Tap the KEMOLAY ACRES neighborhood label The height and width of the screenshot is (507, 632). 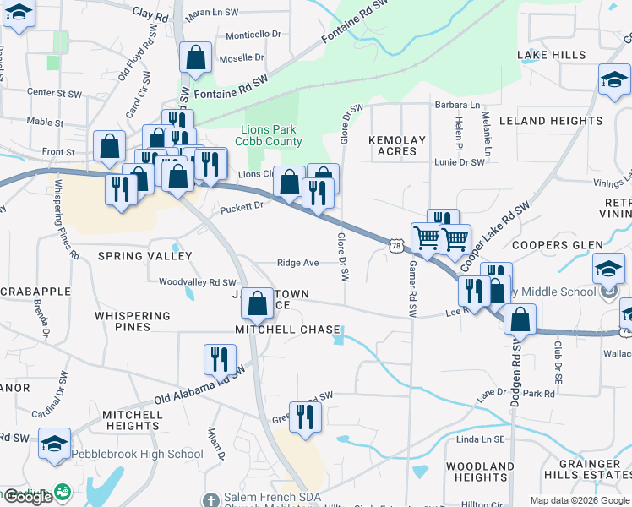(x=397, y=145)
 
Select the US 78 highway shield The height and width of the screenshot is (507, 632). (x=397, y=245)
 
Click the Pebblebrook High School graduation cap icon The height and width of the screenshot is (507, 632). (x=55, y=444)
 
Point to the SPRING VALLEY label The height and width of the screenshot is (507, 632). (x=145, y=255)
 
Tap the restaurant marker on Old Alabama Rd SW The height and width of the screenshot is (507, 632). (x=219, y=359)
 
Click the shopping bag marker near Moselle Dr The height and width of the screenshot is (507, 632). (x=196, y=58)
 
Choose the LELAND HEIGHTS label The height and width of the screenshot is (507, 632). (x=551, y=121)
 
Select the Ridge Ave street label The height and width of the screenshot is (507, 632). (x=298, y=263)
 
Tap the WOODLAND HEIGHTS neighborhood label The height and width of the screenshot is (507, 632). (x=480, y=472)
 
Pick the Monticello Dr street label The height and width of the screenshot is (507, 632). (x=251, y=34)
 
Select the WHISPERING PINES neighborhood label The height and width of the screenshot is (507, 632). (x=133, y=321)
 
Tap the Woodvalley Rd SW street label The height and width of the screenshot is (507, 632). (x=198, y=282)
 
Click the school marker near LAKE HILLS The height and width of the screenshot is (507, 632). (x=613, y=81)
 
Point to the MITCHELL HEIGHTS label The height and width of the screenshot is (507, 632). (x=133, y=420)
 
